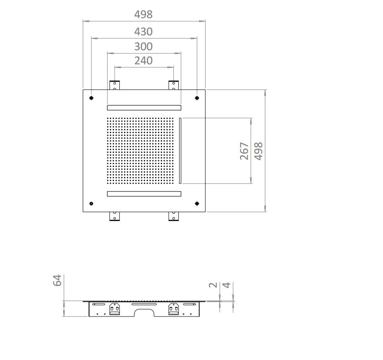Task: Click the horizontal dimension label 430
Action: pos(143,32)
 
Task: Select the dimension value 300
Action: pos(143,47)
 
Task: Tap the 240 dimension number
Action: pos(143,61)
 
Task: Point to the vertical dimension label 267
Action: pos(244,151)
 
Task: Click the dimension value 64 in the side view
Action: pos(57,280)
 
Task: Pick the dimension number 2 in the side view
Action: pos(213,285)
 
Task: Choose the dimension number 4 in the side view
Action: pos(227,285)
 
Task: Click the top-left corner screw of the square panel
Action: pos(92,98)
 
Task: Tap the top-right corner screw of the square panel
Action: pos(197,98)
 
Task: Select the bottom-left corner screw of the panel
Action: pos(92,204)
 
